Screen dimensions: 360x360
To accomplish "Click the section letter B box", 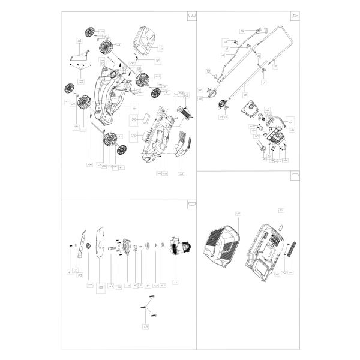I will tap(191, 17).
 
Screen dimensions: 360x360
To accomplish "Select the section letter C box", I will tap(294, 176).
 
